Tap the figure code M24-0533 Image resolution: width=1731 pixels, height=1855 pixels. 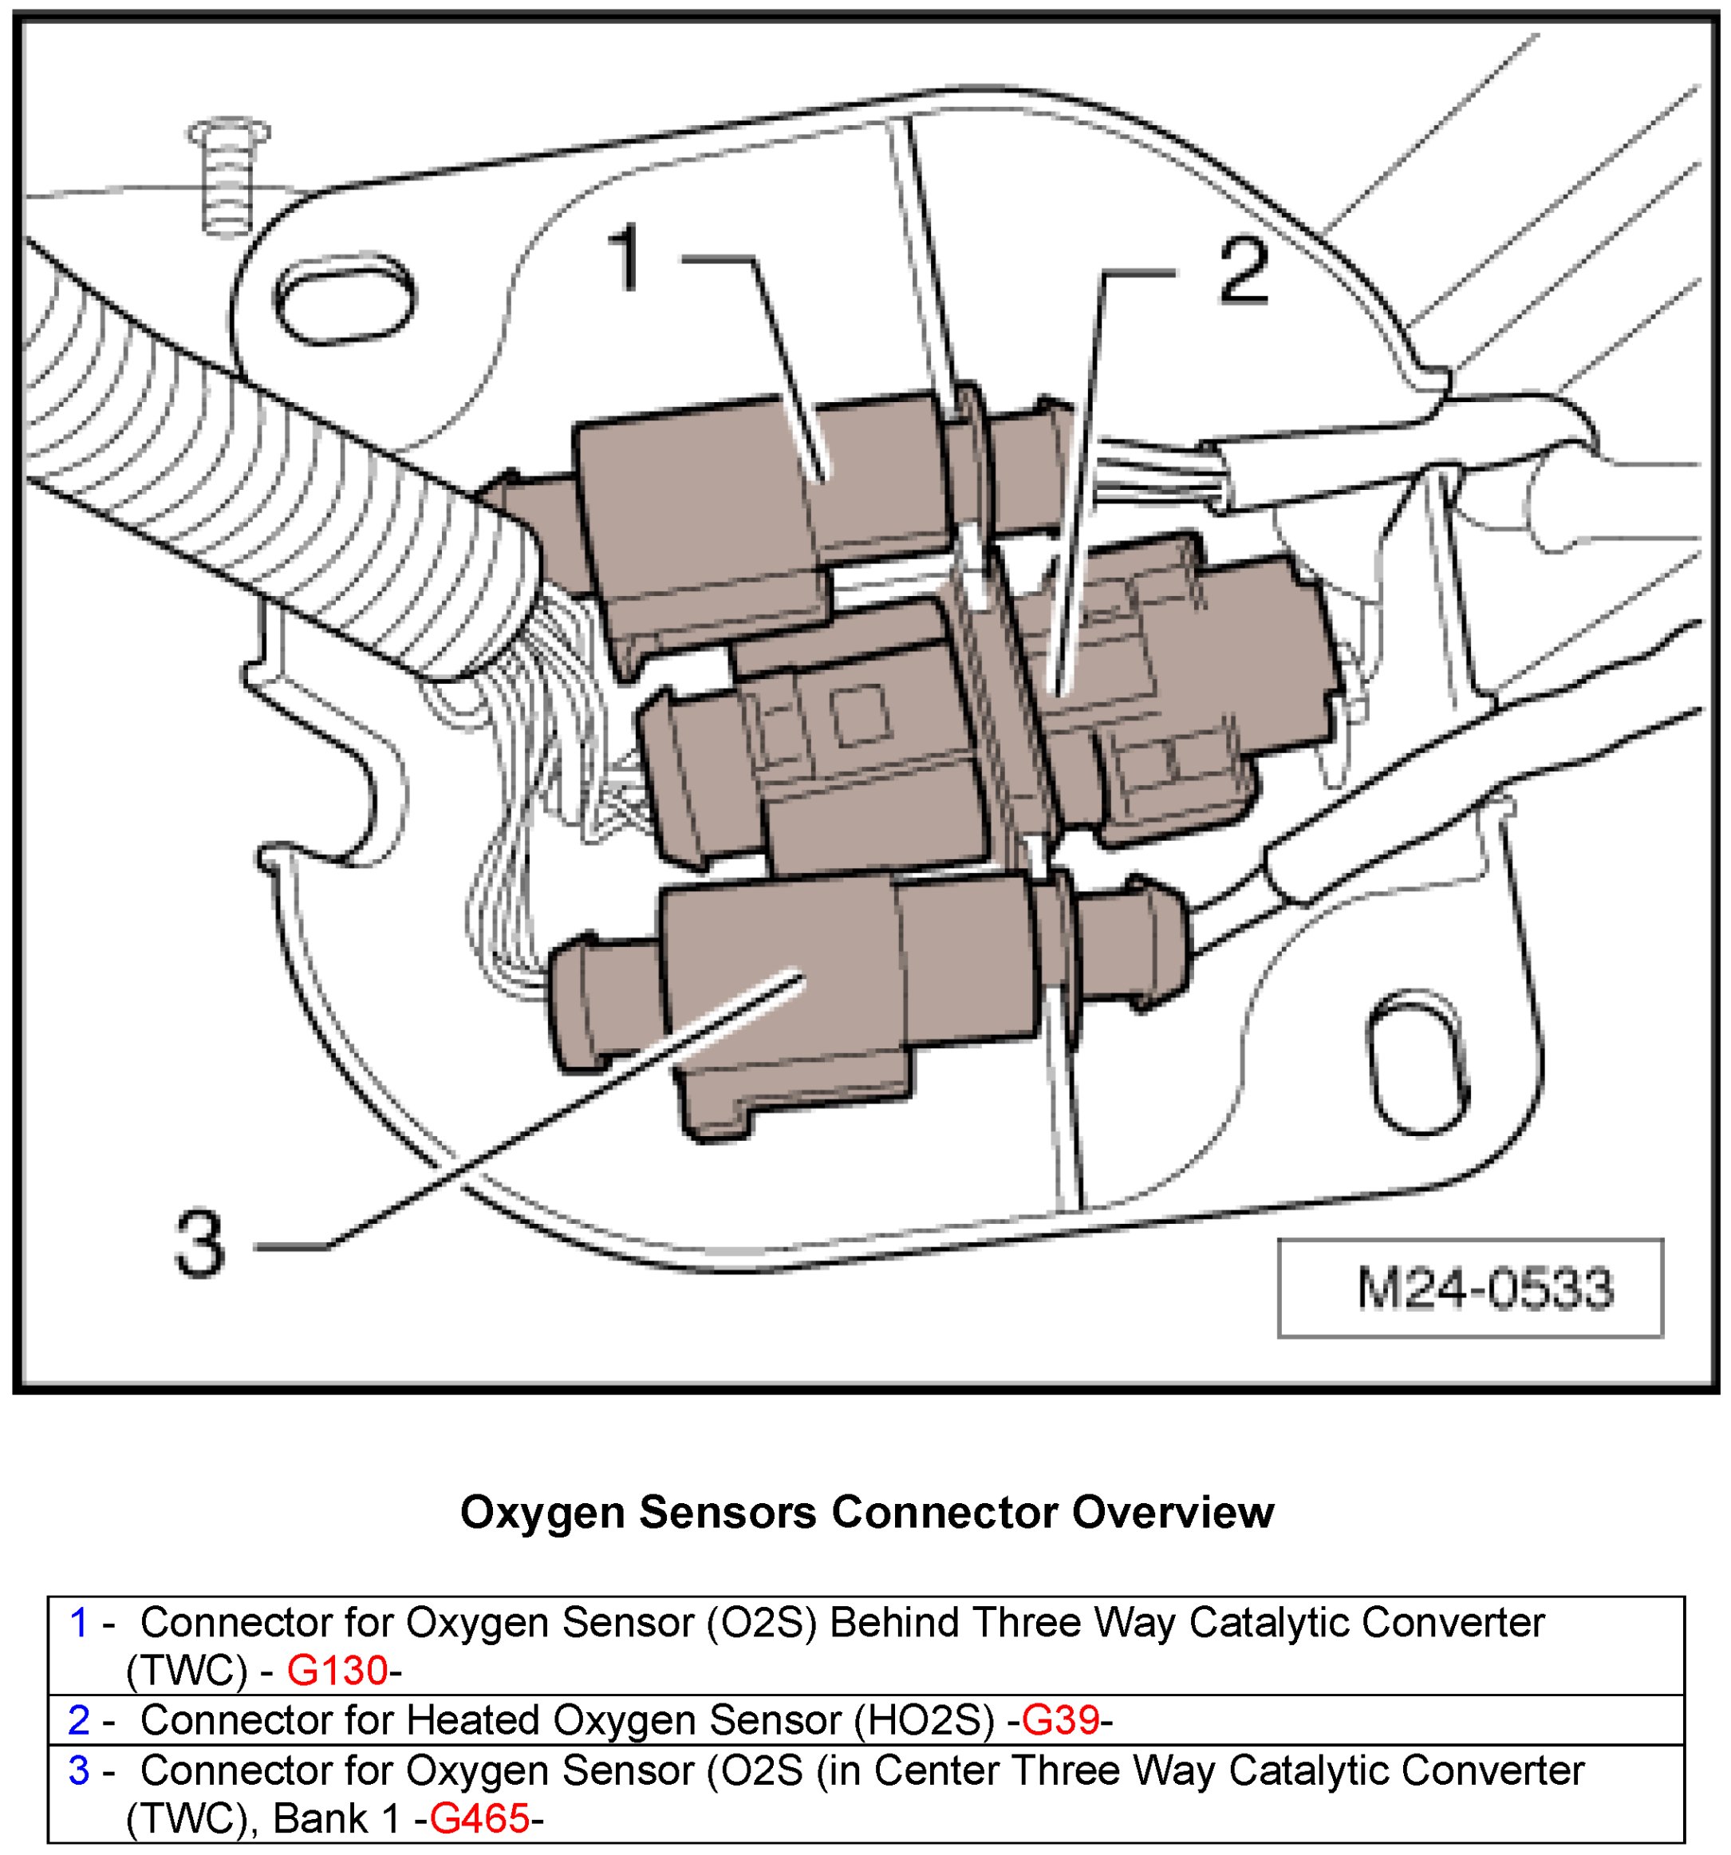(1484, 1289)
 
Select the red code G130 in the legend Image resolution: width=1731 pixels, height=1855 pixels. (336, 1669)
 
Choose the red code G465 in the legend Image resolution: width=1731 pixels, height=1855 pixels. (479, 1817)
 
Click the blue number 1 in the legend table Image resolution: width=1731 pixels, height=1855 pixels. (79, 1623)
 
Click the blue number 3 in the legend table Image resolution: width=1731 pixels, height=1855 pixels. (79, 1770)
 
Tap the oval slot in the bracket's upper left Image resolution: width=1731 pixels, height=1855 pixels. (345, 302)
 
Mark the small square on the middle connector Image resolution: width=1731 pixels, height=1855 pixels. (861, 716)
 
